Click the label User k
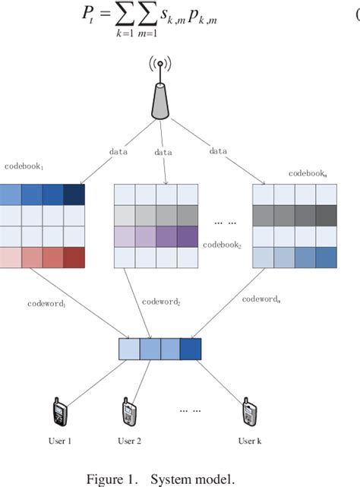249,440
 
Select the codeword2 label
161,301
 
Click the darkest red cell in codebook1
74,258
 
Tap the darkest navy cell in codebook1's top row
74,195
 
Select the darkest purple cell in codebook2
187,237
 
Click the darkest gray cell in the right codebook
326,217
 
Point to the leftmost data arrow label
118,151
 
